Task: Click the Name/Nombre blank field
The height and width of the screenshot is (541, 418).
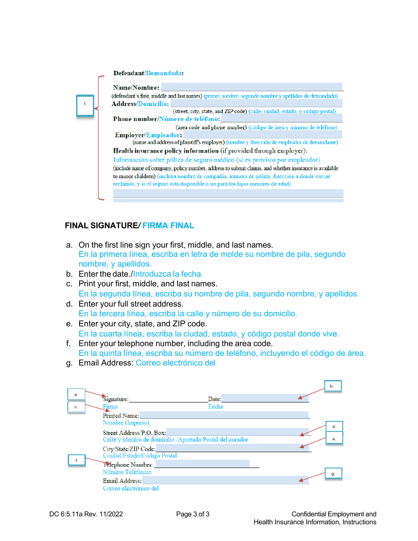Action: click(x=251, y=87)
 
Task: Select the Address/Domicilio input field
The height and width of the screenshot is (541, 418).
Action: click(x=256, y=103)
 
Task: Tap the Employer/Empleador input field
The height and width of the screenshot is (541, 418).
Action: click(x=263, y=135)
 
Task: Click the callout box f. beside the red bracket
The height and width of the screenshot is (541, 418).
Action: click(x=85, y=105)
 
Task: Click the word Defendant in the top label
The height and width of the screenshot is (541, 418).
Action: click(x=128, y=73)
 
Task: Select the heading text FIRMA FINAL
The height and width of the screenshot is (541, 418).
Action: click(x=168, y=226)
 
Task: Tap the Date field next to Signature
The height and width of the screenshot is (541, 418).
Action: click(x=264, y=398)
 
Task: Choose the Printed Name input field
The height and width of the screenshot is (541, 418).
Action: click(x=224, y=415)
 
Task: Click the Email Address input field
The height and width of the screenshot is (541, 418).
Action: click(x=225, y=480)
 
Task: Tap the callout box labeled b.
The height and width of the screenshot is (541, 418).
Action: click(x=333, y=386)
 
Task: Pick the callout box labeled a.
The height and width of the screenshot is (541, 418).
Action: click(x=76, y=395)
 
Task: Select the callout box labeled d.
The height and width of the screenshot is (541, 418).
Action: click(x=334, y=427)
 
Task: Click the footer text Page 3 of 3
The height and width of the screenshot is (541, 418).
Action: click(x=193, y=514)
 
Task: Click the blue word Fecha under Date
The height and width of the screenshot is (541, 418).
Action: click(x=216, y=407)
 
